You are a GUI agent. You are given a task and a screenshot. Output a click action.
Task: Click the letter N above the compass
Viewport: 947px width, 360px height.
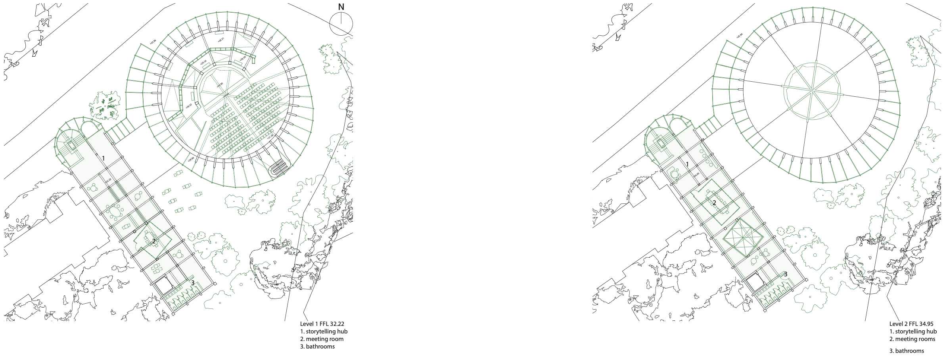point(341,7)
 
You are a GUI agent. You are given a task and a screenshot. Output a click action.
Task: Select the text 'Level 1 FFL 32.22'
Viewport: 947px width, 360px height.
point(322,324)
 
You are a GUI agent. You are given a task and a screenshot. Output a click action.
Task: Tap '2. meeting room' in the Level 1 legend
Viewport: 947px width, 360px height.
point(322,339)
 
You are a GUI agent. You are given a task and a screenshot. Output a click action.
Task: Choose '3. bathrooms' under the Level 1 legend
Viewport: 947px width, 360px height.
point(317,347)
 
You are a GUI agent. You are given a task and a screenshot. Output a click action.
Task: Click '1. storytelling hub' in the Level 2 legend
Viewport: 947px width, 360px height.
point(913,331)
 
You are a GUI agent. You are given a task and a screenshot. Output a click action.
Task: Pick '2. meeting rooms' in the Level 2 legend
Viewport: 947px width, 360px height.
point(912,339)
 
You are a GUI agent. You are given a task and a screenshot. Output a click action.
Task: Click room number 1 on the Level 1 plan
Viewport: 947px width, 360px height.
point(104,158)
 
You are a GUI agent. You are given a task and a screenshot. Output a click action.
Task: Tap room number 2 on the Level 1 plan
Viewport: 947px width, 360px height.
point(154,241)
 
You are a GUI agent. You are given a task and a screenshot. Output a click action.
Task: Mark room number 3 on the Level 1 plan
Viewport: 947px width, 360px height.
point(193,283)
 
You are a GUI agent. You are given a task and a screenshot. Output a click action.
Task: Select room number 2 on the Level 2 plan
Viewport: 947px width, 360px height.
point(714,203)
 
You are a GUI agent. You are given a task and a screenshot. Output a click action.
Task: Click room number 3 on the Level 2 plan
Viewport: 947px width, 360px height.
point(785,274)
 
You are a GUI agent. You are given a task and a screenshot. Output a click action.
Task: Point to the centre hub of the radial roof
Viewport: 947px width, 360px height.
point(811,91)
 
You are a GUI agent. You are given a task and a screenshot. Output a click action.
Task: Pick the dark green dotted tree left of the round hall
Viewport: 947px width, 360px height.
point(106,106)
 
